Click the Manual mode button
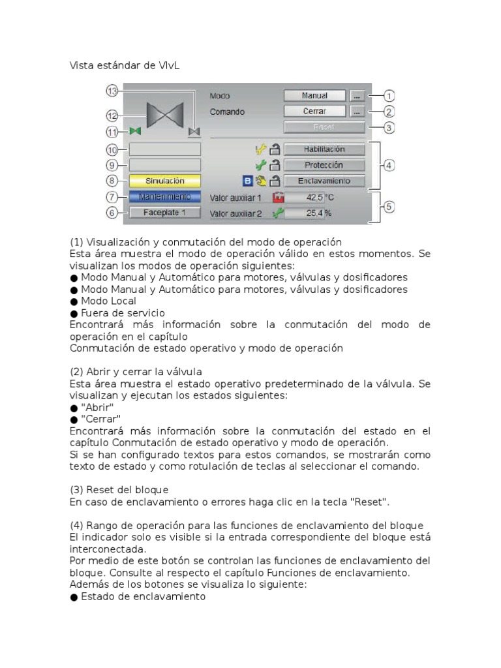click(314, 95)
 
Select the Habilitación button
click(324, 149)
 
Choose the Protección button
click(324, 165)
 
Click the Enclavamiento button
click(324, 181)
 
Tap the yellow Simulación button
click(165, 181)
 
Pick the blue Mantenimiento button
click(165, 196)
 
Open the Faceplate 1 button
click(165, 212)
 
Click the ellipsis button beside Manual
click(357, 95)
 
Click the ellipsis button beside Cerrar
click(357, 112)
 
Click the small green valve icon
click(135, 131)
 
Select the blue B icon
click(247, 181)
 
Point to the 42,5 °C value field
click(305, 197)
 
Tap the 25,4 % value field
click(305, 213)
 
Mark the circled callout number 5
click(389, 207)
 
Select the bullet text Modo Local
click(108, 301)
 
